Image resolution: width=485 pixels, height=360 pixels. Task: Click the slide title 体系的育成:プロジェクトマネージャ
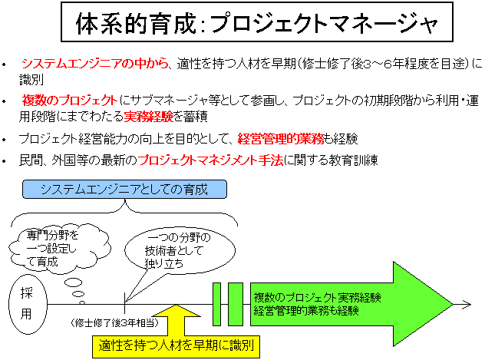pos(257,22)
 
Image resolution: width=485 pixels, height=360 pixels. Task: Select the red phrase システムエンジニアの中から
pos(95,64)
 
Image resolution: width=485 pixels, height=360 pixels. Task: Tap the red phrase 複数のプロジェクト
pos(70,101)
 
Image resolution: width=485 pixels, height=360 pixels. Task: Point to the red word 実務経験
pos(148,117)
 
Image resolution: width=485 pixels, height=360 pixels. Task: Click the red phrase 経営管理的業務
pos(281,139)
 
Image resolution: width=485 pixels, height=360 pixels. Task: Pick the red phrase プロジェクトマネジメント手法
pos(210,160)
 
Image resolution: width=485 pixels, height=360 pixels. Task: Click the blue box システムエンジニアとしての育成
pos(124,189)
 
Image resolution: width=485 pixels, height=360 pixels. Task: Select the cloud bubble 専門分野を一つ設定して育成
pos(59,249)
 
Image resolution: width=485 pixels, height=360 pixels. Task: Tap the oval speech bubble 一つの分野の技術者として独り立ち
pos(180,250)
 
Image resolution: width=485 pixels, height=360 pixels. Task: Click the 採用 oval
pos(28,304)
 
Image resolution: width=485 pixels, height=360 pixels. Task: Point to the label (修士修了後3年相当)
pos(115,323)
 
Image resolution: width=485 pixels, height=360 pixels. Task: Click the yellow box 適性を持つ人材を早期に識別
pos(176,345)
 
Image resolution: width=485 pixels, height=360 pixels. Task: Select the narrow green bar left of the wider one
pos(217,304)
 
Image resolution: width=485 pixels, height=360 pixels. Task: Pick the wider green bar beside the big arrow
pos(236,304)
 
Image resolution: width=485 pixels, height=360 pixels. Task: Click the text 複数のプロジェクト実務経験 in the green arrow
pos(317,298)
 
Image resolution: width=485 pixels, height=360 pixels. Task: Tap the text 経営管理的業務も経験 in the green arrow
pos(306,310)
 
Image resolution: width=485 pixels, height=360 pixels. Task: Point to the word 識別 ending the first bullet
pos(31,80)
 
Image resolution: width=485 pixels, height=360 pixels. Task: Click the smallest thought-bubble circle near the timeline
pos(82,302)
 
